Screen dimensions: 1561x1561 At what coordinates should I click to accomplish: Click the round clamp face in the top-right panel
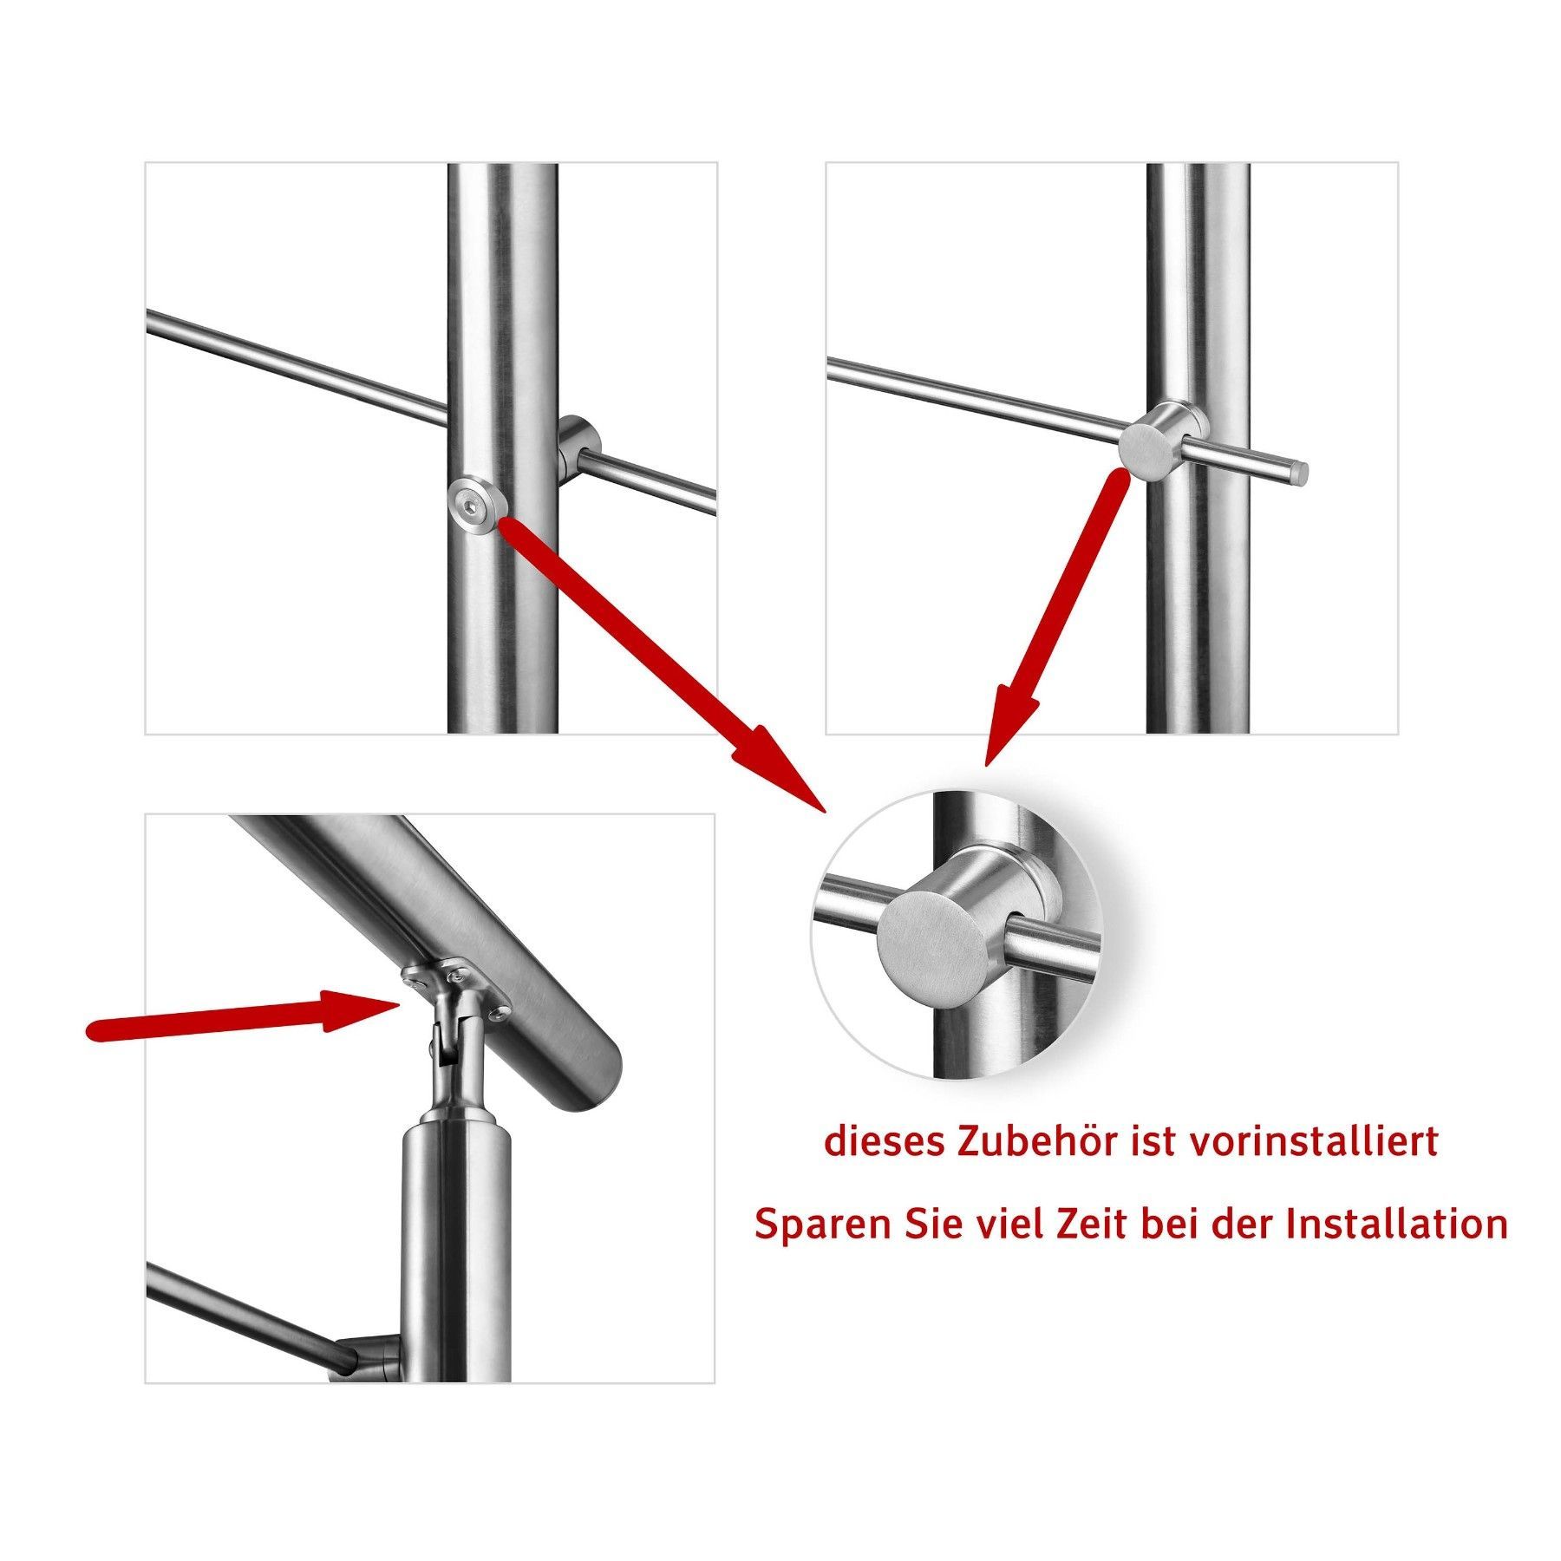pyautogui.click(x=1149, y=447)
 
